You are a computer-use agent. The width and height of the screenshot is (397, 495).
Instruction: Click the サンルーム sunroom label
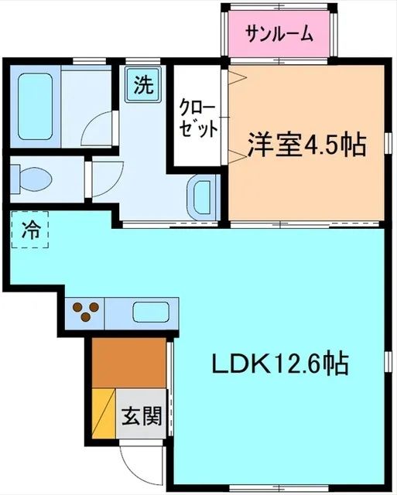coord(279,33)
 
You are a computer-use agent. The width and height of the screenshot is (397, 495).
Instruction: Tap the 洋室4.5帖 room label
coord(306,145)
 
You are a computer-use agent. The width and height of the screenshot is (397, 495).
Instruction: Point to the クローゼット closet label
coord(198,118)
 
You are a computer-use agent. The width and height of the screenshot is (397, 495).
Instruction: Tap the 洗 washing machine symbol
coord(142,85)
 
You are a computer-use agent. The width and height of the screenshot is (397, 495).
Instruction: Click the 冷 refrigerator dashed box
coord(30,230)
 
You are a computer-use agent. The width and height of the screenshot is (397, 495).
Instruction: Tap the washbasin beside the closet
coord(202,196)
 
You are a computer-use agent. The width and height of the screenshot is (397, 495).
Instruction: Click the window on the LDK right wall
coord(385,363)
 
